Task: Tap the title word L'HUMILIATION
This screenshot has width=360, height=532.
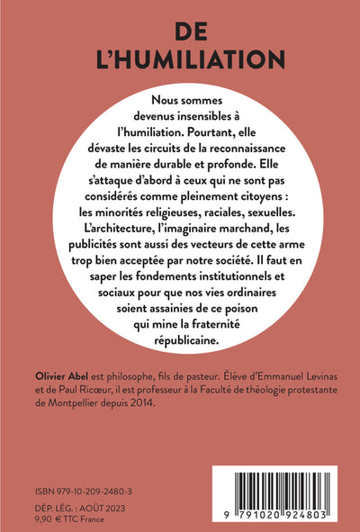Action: pyautogui.click(x=180, y=58)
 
